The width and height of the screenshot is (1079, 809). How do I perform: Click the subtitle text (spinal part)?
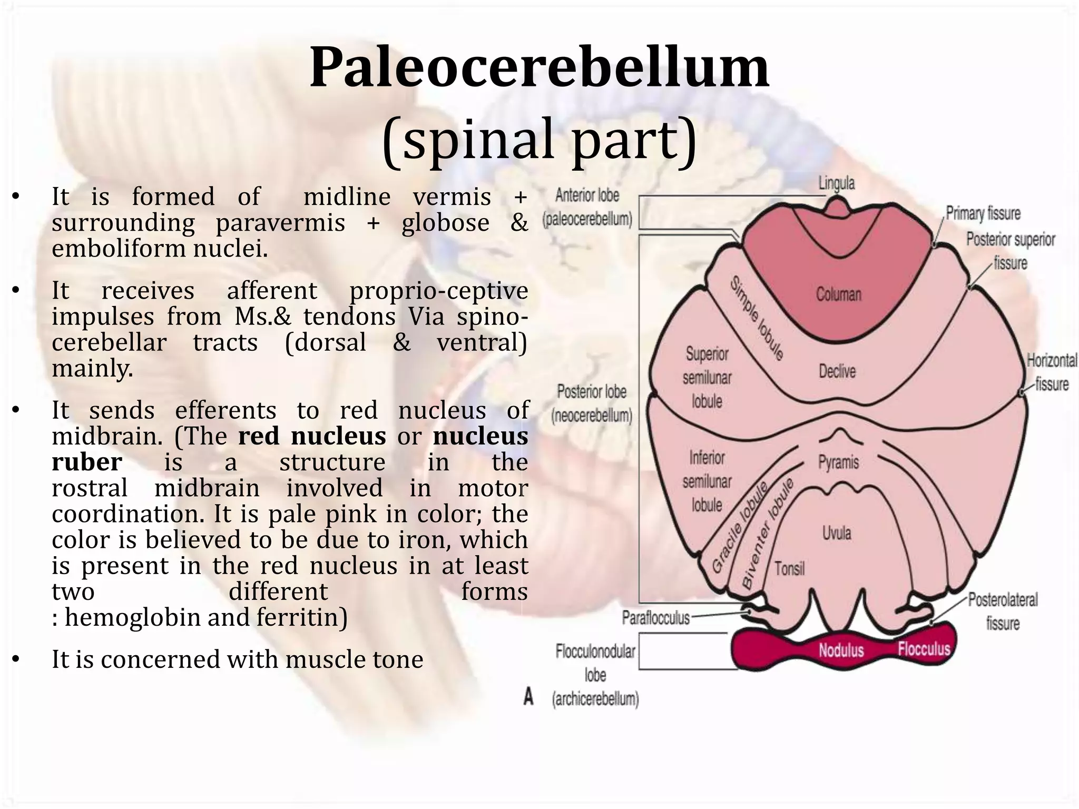[x=539, y=140]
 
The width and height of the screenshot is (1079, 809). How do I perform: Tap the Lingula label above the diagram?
[x=836, y=183]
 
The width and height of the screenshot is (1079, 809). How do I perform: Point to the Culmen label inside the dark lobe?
[x=838, y=294]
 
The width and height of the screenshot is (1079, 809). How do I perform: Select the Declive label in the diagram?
[x=837, y=371]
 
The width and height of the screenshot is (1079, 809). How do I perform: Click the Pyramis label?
[x=838, y=462]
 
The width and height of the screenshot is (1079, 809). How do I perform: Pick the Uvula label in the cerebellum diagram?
[x=837, y=533]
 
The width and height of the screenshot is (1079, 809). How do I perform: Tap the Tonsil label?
[x=789, y=569]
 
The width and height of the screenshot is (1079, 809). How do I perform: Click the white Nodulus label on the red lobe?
[x=841, y=650]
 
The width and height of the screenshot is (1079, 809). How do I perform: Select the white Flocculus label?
[x=924, y=648]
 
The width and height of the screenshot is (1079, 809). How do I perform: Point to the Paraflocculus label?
[x=655, y=618]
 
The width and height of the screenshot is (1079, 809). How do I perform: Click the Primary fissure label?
[x=983, y=213]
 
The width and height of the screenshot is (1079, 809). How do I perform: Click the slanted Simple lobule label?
[x=757, y=319]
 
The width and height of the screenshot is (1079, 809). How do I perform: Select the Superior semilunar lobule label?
[x=707, y=378]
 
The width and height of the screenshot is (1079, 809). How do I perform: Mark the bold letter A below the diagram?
[x=528, y=697]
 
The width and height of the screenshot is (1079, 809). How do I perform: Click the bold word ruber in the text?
[x=87, y=462]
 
